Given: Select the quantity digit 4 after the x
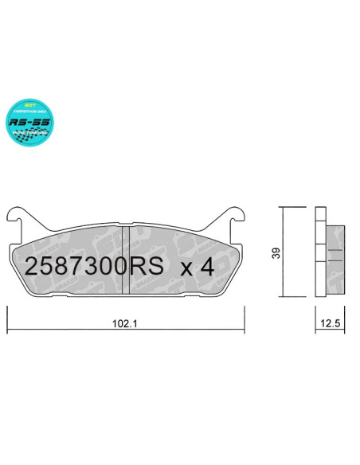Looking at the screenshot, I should (206, 267).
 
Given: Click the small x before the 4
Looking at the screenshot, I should (186, 268).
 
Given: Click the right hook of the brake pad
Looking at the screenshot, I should (238, 215).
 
